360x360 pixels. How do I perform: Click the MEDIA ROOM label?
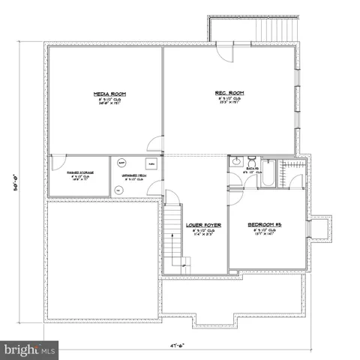(109, 94)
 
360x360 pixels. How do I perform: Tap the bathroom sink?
(235, 160)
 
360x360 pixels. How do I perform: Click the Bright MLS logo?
(31, 349)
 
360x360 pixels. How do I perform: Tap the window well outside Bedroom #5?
(321, 230)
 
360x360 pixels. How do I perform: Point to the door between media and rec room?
(155, 145)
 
